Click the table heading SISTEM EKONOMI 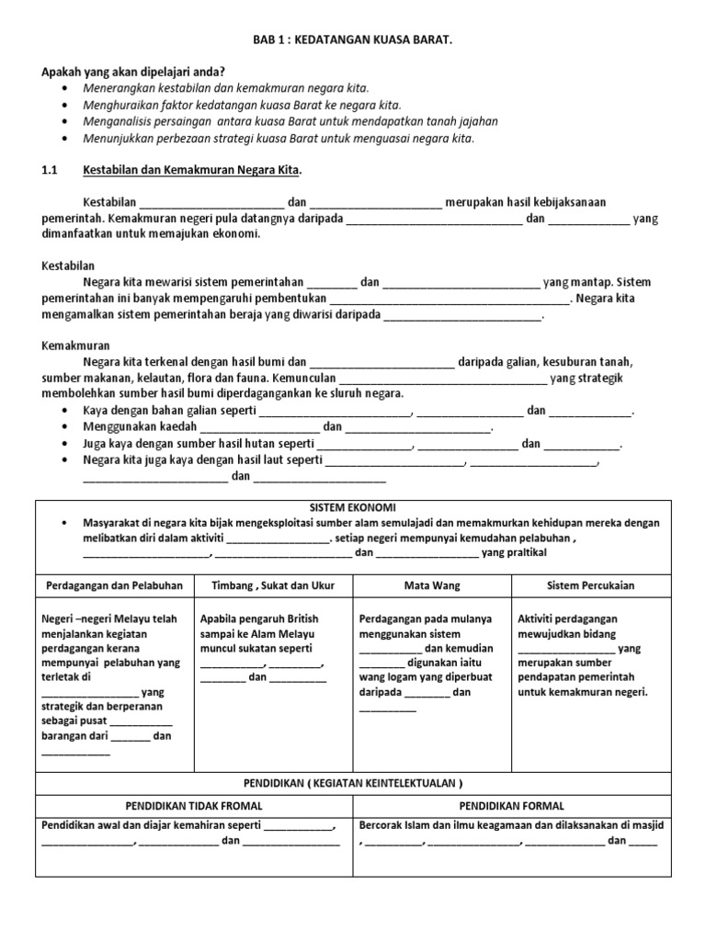tap(353, 507)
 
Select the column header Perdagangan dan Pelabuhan tap(114, 584)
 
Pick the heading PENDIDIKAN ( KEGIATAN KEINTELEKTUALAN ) tap(353, 783)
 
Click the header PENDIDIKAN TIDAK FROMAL tap(194, 805)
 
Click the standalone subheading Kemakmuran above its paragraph tap(76, 346)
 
